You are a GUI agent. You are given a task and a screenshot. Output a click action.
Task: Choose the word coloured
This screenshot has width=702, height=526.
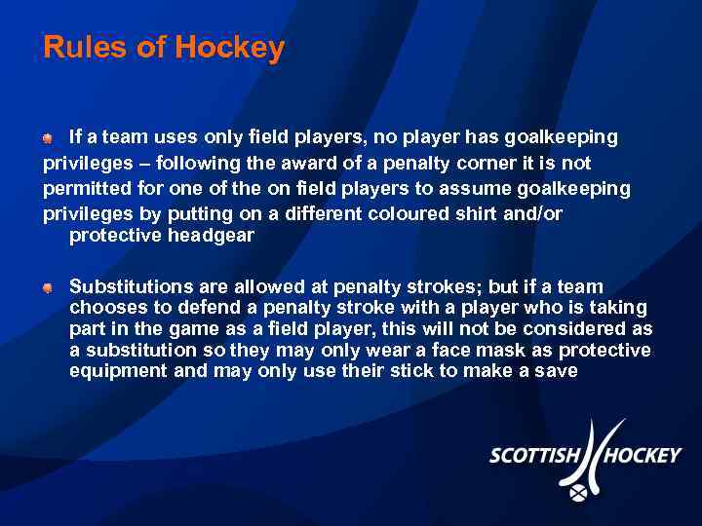[x=390, y=212]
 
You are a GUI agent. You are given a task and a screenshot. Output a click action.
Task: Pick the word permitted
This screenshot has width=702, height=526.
[x=86, y=187]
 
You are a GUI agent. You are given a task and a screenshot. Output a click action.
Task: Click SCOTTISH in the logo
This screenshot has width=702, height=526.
[x=533, y=455]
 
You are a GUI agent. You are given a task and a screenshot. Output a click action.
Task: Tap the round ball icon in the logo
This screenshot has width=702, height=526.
[x=578, y=493]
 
